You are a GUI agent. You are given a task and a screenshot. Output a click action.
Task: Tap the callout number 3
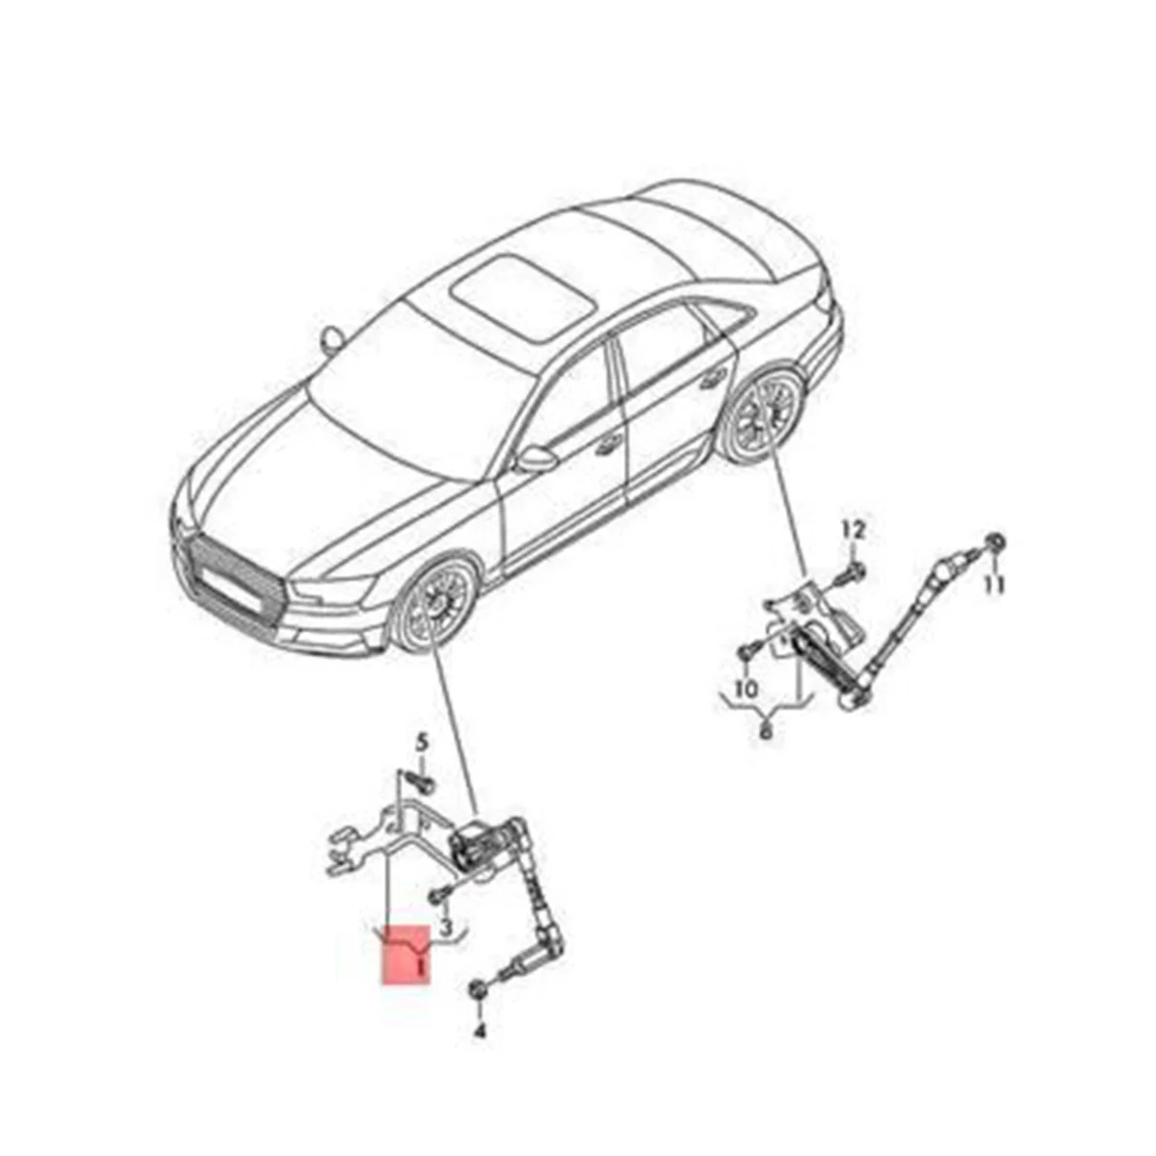446,926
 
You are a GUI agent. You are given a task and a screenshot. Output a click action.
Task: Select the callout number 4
480,1032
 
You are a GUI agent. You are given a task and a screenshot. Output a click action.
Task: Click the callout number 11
994,584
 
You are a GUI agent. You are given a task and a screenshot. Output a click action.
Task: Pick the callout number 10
747,689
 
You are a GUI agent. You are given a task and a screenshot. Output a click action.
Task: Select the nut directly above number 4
478,989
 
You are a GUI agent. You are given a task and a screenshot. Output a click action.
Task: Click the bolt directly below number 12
852,571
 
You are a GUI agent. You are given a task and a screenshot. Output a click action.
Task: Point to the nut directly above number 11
997,543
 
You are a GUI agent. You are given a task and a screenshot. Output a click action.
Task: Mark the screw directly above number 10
744,654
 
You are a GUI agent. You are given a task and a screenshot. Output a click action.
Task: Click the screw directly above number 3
439,892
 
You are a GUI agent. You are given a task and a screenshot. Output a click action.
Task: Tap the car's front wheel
437,607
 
